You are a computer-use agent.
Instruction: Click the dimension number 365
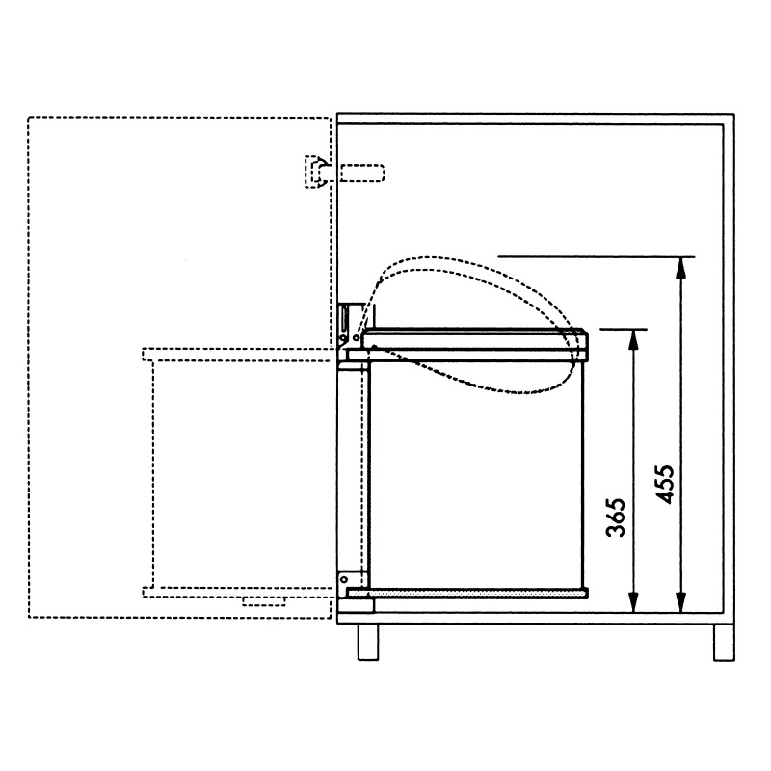(616, 518)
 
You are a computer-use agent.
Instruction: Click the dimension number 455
(665, 485)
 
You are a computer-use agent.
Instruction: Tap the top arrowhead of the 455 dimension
(681, 267)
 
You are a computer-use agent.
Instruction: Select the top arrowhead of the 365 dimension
(634, 340)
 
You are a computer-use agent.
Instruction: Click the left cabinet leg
(368, 642)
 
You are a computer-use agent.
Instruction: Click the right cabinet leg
(724, 642)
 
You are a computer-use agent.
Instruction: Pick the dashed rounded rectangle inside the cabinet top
(362, 173)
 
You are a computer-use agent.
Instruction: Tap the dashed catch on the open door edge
(316, 172)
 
